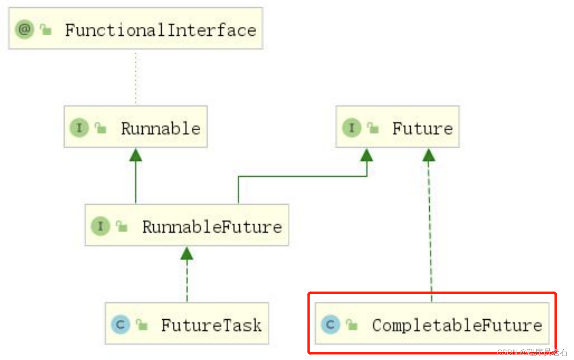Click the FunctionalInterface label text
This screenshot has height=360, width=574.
[160, 30]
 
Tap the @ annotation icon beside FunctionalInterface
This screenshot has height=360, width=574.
[24, 29]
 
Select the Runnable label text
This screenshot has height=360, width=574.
[160, 129]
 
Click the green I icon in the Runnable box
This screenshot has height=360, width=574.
[79, 127]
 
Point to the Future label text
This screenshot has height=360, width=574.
[422, 129]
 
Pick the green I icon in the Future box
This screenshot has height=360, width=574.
[351, 127]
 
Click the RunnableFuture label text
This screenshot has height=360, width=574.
[212, 227]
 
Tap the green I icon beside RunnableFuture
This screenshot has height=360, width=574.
[100, 226]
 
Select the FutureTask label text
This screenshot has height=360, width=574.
[211, 325]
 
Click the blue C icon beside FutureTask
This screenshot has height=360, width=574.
[120, 325]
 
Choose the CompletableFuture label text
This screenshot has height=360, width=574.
[457, 325]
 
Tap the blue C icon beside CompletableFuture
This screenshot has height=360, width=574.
[331, 325]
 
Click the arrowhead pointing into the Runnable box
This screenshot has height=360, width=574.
[136, 155]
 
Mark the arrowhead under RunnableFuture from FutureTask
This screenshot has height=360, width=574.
[187, 254]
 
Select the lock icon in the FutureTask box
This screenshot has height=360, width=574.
[142, 325]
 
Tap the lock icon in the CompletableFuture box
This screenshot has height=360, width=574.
[352, 325]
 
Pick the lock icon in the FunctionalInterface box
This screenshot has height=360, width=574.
[46, 30]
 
